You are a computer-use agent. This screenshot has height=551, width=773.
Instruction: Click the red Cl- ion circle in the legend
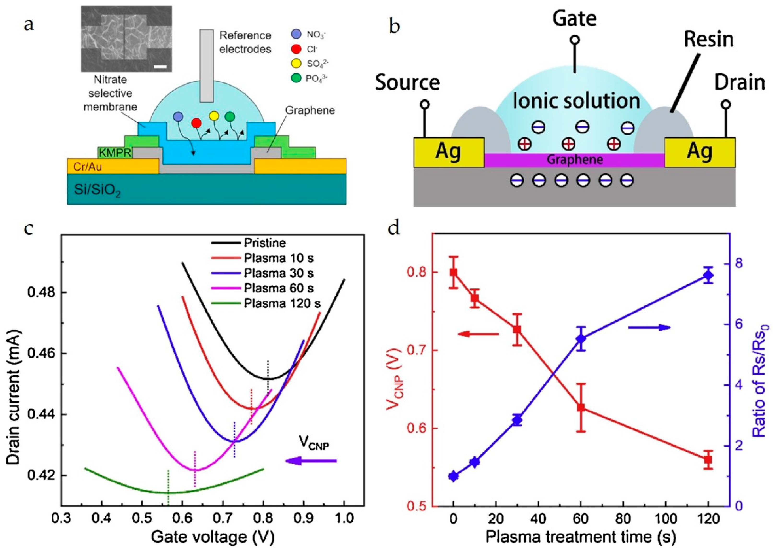[x=296, y=49]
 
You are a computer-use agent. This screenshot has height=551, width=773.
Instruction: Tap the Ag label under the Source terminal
[x=448, y=152]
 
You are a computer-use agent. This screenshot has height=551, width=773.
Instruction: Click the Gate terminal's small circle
[x=574, y=40]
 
